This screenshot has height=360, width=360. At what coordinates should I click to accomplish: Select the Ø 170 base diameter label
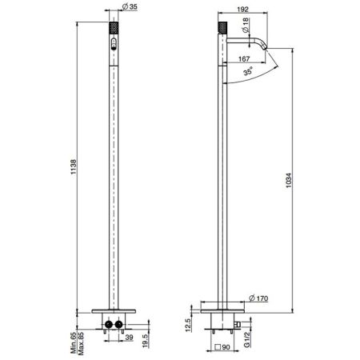[259, 298]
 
